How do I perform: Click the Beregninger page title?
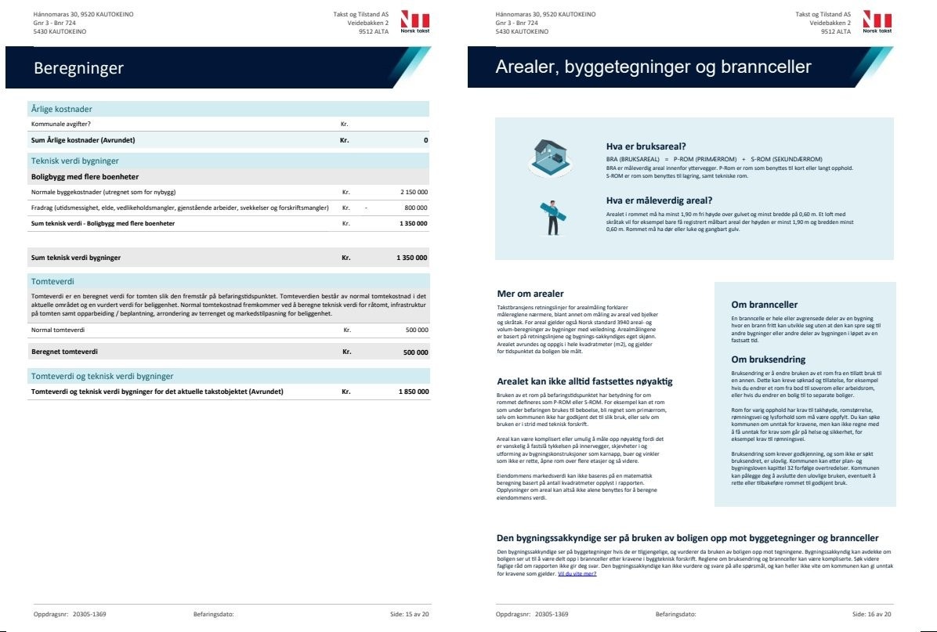coord(78,68)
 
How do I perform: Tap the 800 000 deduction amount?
coord(415,208)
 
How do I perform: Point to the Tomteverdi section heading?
coord(53,280)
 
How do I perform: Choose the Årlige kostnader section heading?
coord(61,109)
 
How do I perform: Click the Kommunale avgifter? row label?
coord(67,124)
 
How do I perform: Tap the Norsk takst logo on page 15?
coord(414,22)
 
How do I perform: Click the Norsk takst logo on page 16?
coord(877,22)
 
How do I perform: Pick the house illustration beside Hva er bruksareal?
coord(550,157)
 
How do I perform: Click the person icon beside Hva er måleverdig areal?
coord(552,218)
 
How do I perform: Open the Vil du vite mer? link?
coord(577,574)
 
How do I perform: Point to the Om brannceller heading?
coord(764,305)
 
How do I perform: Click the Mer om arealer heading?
coord(530,294)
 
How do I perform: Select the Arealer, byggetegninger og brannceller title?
coord(653,67)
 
